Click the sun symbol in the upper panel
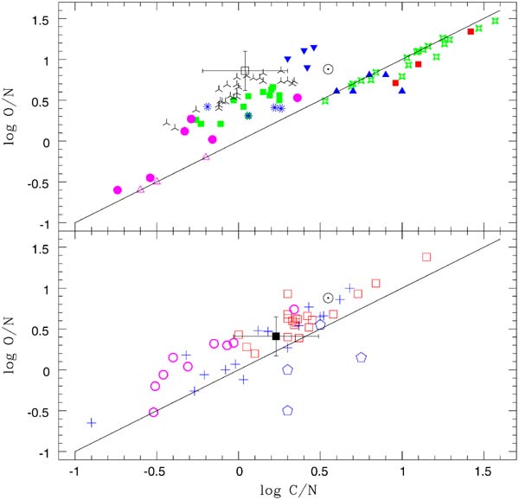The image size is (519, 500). [x=329, y=69]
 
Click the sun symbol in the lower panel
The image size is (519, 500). [x=329, y=298]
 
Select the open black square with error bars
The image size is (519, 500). [x=245, y=71]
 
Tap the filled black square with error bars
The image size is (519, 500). [x=276, y=337]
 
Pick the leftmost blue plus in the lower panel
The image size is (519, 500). [x=91, y=423]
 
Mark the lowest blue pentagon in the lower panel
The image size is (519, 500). [x=288, y=411]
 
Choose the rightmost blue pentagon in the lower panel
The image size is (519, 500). [x=362, y=356]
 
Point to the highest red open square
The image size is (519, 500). [x=426, y=257]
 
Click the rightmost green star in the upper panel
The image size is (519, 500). [x=496, y=21]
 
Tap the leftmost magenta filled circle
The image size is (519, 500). [x=118, y=189]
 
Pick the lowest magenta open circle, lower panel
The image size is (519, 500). [x=153, y=412]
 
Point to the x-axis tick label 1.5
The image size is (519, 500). [x=484, y=473]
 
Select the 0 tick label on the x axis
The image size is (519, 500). [x=240, y=473]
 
